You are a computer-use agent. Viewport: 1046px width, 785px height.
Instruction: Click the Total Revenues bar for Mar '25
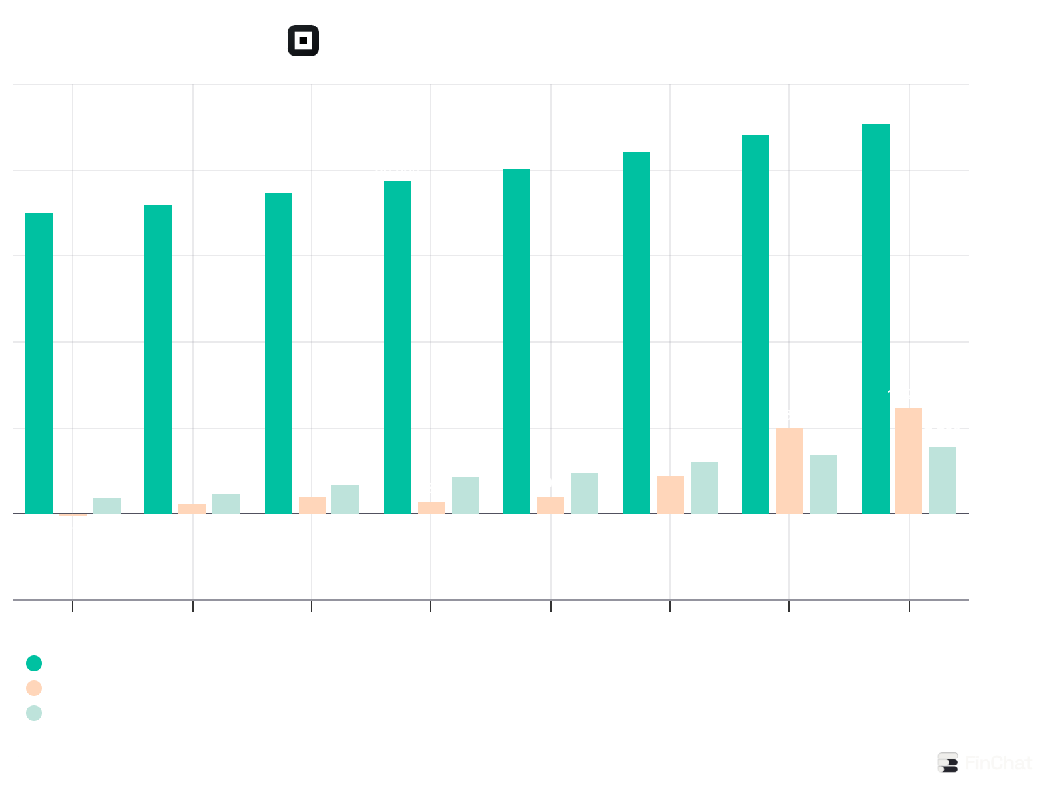875,319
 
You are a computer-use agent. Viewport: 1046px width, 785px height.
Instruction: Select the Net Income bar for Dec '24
789,471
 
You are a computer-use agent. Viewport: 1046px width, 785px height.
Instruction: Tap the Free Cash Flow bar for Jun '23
107,506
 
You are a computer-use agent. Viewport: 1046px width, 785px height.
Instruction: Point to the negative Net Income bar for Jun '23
73,515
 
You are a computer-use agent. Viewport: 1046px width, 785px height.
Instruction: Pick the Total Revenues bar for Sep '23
158,359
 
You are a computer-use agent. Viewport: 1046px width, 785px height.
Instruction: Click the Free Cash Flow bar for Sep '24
704,488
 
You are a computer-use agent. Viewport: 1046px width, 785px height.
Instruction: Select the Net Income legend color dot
34,689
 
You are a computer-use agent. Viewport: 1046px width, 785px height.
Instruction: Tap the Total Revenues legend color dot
34,664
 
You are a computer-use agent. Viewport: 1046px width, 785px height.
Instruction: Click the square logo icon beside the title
303,41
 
